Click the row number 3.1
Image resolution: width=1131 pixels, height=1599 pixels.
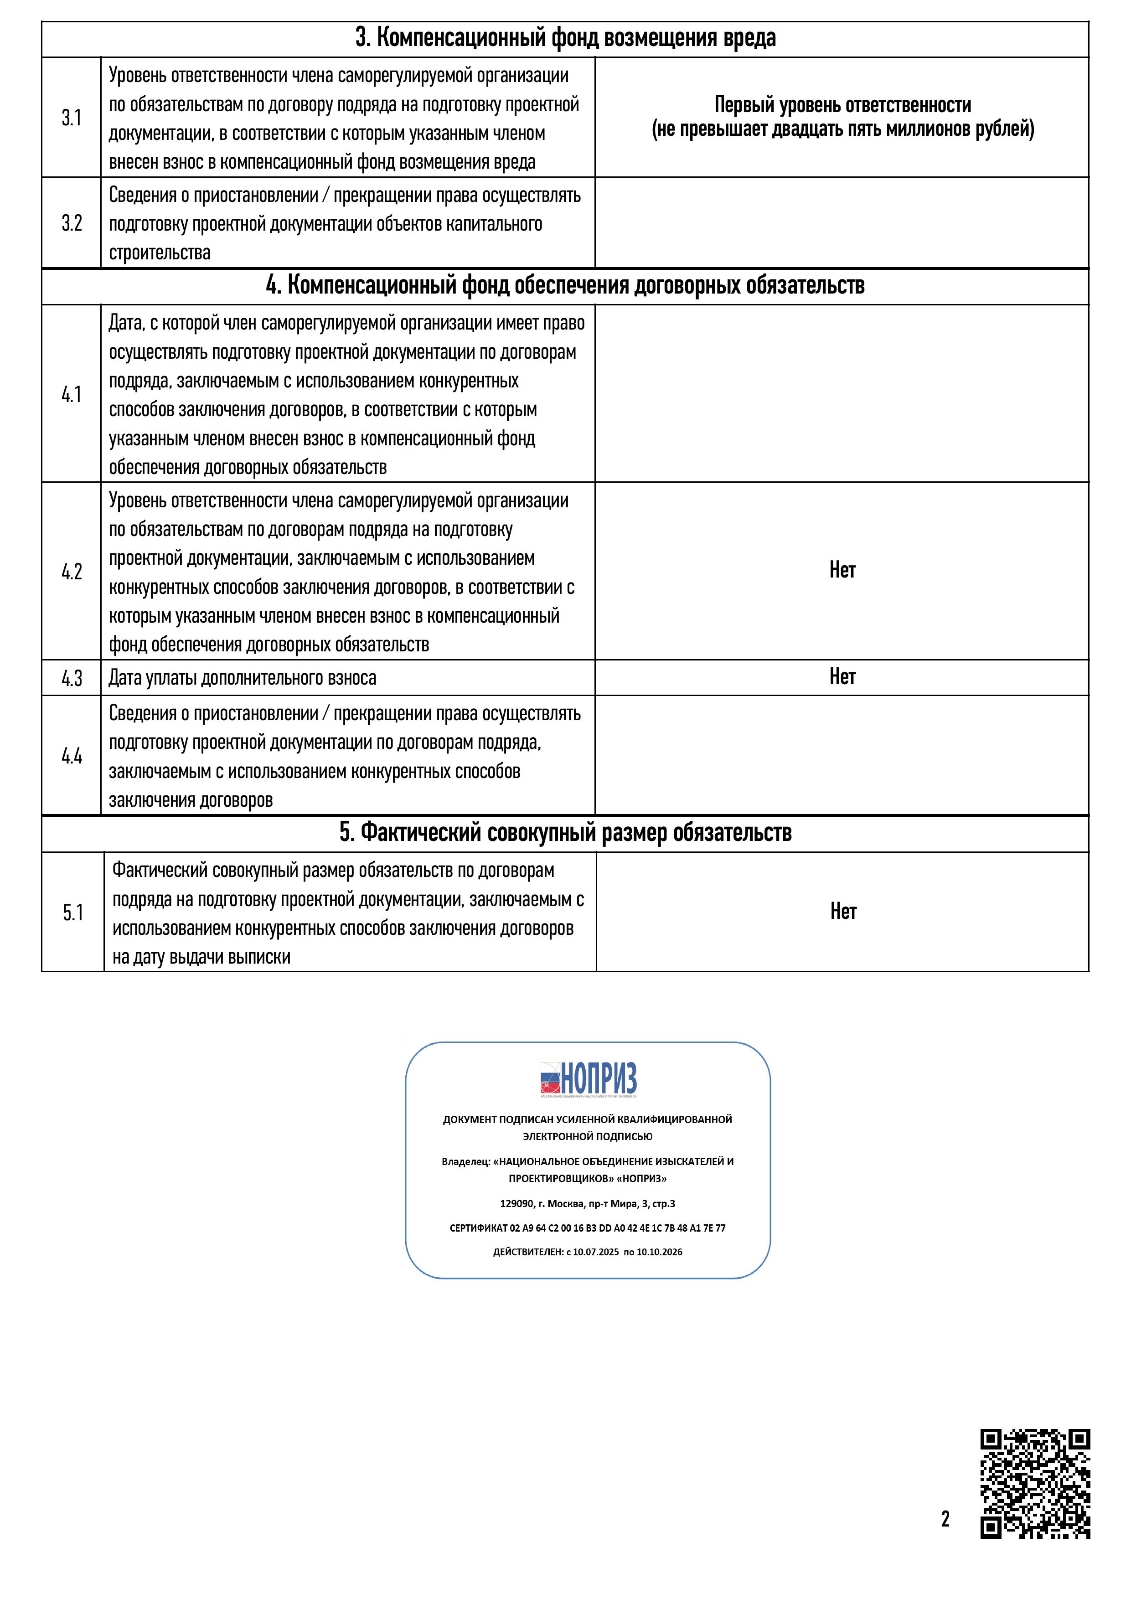coord(72,118)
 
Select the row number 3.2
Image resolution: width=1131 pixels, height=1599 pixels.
coord(72,223)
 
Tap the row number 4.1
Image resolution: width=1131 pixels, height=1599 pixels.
coord(72,394)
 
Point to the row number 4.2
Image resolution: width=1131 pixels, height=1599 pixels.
coord(72,572)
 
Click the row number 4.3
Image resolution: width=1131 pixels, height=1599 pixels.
coord(72,678)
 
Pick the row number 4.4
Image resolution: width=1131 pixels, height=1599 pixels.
coord(72,756)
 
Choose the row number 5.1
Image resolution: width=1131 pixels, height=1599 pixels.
coord(73,913)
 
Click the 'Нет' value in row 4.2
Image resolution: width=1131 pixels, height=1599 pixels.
coord(842,570)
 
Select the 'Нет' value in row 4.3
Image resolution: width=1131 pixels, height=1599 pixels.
coord(842,676)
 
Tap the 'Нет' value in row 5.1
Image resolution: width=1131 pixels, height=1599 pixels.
coord(843,911)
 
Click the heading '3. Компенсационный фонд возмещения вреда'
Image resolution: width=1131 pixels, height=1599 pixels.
coord(565,38)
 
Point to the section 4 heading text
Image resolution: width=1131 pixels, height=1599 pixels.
coord(565,285)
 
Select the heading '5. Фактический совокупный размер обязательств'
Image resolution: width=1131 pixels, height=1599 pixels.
coord(565,833)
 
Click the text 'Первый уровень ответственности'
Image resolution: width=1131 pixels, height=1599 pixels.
coord(843,105)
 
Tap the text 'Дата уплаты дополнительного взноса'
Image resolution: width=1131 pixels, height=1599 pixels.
coord(243,678)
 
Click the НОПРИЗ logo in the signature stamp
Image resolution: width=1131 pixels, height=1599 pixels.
coord(589,1080)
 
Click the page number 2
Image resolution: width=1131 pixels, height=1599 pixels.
coord(945,1518)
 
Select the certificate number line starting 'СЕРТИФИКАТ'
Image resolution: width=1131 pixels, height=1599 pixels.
coord(588,1228)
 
